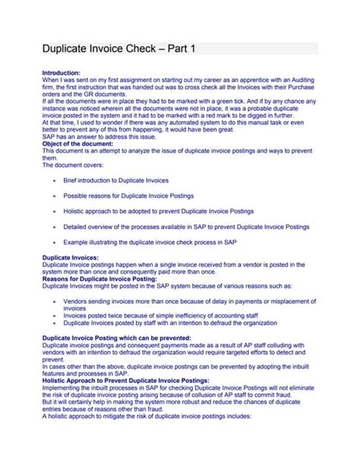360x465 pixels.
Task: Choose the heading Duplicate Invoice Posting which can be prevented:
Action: pos(116,337)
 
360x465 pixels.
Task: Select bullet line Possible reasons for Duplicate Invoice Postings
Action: pos(126,196)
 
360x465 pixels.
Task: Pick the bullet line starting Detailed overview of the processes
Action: pos(186,226)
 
